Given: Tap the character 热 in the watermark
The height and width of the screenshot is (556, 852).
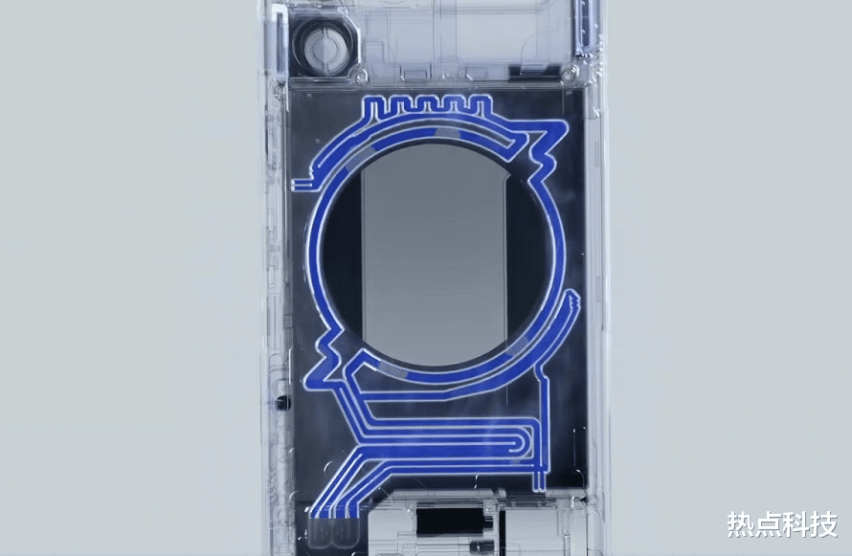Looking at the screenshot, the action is [x=741, y=524].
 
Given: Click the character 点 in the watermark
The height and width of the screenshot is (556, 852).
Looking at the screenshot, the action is [x=768, y=524].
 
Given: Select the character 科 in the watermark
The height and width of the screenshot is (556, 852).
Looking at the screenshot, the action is [x=796, y=524].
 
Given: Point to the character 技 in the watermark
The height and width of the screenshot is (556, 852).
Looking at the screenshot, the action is [x=823, y=524].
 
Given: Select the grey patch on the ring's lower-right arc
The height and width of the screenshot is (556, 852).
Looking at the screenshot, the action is [x=518, y=345].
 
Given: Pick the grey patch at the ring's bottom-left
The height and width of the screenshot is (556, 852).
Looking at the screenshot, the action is [x=392, y=369].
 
